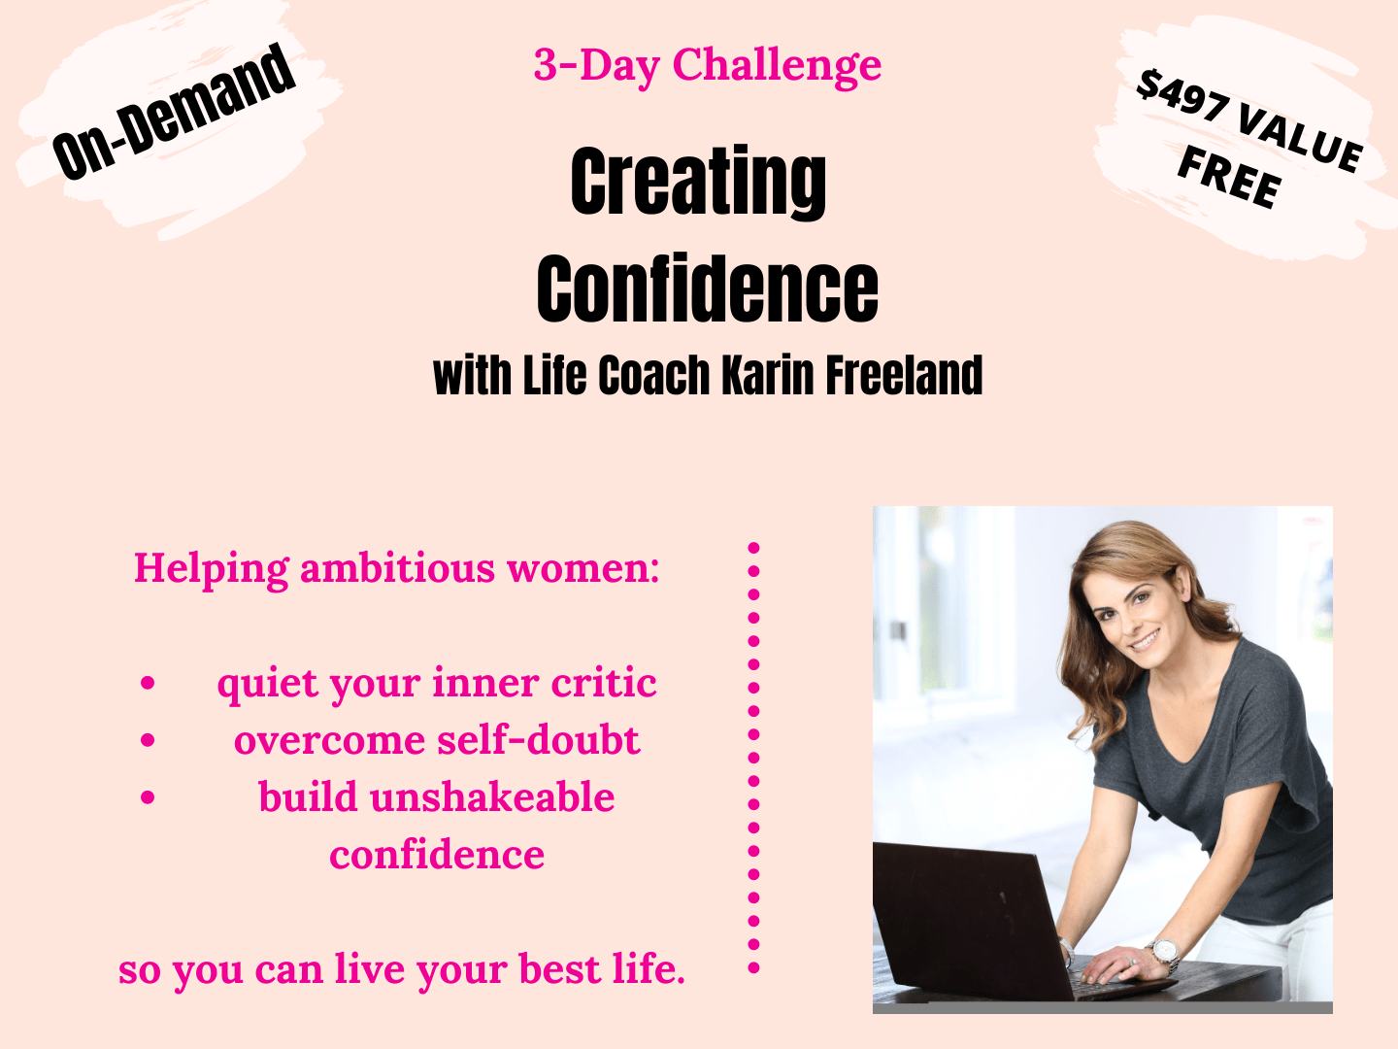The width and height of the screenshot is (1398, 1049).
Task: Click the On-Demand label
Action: (x=173, y=112)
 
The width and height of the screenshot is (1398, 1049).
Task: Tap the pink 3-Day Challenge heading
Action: (x=708, y=66)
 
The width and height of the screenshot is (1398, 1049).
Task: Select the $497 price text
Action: (x=1182, y=96)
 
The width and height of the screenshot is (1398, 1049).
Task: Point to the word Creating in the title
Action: (x=698, y=183)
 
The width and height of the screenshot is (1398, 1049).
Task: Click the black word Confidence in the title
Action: (x=707, y=288)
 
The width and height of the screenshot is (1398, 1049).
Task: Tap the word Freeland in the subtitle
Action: (x=905, y=375)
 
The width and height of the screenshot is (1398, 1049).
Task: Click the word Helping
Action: (x=212, y=569)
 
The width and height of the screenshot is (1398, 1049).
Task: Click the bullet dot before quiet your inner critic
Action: (x=148, y=683)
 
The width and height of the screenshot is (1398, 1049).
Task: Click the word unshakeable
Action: (x=492, y=797)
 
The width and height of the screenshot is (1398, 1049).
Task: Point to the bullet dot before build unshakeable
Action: (x=148, y=797)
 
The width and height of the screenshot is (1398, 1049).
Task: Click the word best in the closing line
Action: (x=560, y=969)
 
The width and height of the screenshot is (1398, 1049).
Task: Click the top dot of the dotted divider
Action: (x=754, y=548)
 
